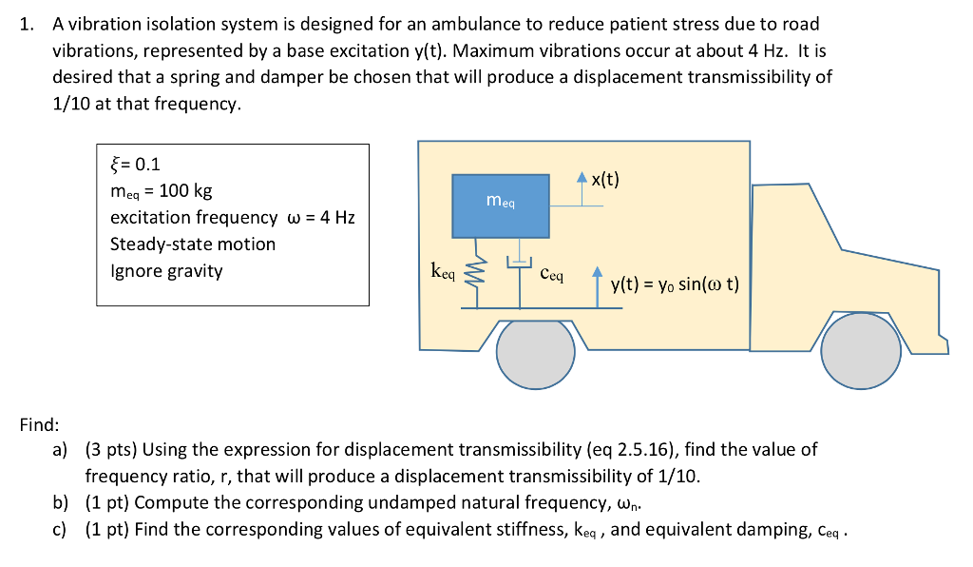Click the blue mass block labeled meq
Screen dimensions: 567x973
tap(501, 205)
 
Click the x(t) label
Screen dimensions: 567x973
tap(604, 179)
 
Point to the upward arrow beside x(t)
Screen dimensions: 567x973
tap(582, 191)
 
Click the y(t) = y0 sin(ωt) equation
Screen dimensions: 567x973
tap(675, 283)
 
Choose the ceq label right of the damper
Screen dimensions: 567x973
tap(551, 274)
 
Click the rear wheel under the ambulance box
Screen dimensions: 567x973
tap(535, 353)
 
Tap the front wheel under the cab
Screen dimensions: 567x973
tap(861, 351)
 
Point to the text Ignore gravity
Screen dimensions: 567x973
tap(166, 270)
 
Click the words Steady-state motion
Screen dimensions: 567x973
tap(193, 244)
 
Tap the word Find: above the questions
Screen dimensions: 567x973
tap(39, 424)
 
